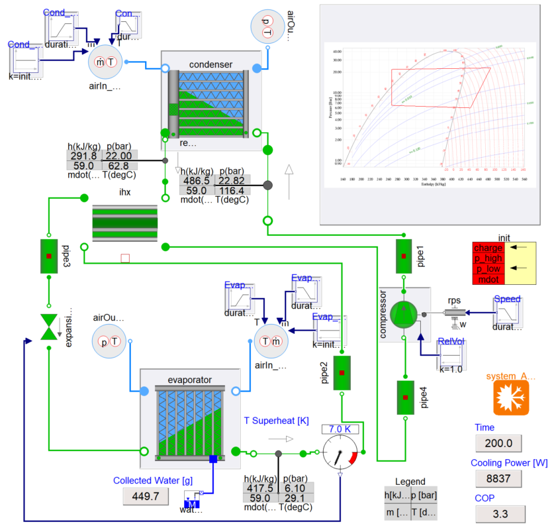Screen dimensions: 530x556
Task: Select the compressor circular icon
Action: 404,313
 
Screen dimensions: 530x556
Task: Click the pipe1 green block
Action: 404,256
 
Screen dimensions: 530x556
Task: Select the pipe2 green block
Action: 342,373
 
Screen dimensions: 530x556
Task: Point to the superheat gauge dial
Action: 340,452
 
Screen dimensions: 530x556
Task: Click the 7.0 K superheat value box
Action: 340,429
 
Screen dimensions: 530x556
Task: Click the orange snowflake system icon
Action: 511,398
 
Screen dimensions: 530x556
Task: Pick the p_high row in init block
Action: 488,258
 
